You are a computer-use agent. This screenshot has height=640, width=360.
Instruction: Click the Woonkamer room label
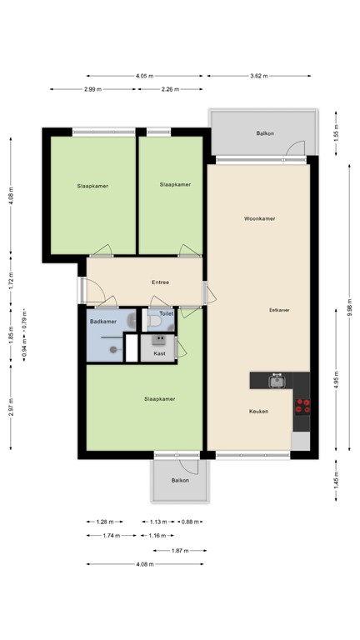259,219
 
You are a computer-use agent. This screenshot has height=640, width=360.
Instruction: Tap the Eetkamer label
279,309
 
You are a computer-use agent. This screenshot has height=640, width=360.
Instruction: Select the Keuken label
258,412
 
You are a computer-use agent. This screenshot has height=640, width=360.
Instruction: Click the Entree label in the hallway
161,282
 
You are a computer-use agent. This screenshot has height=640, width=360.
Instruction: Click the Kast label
159,353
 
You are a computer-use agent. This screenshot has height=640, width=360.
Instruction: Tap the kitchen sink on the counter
276,382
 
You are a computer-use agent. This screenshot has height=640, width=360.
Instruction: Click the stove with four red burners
304,406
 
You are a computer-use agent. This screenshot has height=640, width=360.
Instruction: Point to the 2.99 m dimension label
92,89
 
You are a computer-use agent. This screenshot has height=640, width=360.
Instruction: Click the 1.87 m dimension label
178,550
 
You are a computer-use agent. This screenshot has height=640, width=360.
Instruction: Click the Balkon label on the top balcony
264,133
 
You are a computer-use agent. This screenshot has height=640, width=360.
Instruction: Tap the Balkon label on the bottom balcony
180,481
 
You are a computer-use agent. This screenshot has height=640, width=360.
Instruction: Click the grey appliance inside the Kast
159,339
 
